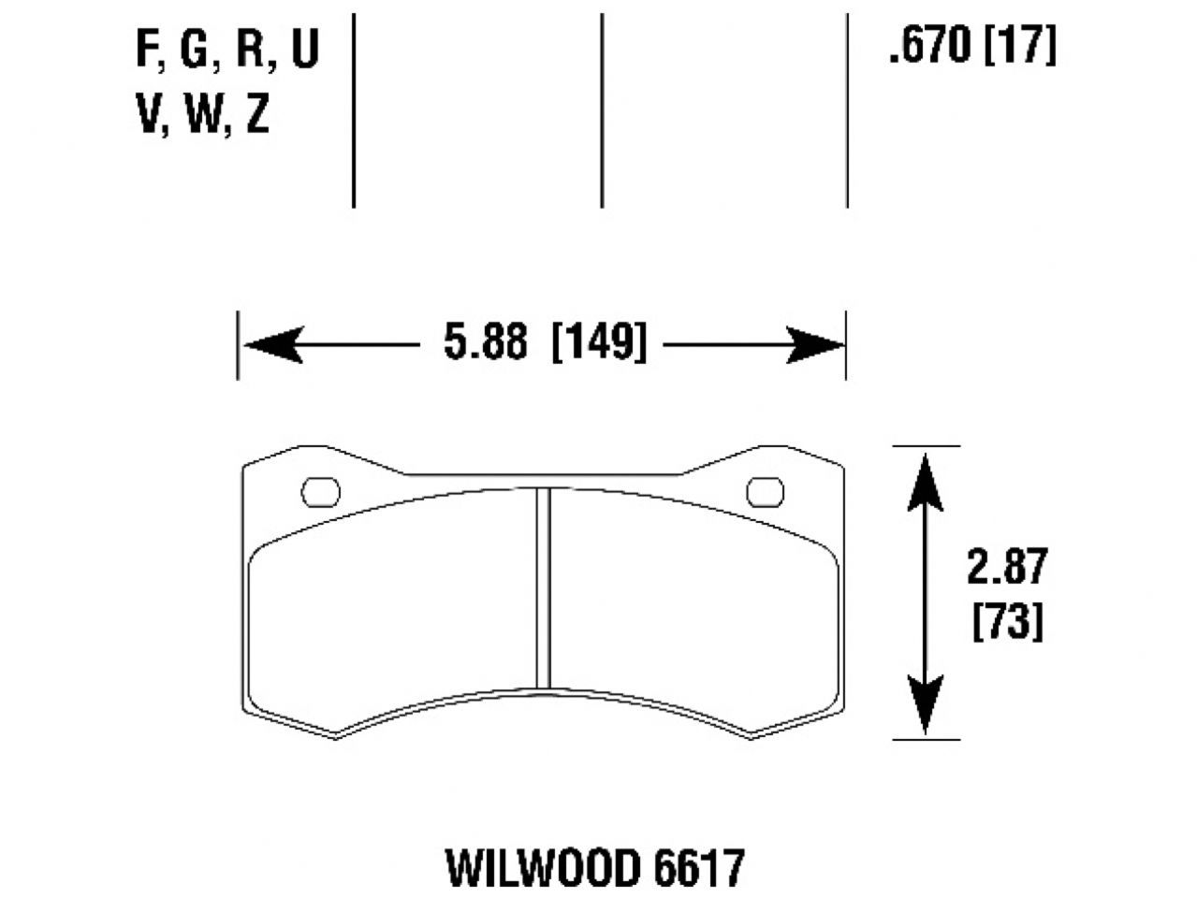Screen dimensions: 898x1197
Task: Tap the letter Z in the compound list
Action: pyautogui.click(x=257, y=116)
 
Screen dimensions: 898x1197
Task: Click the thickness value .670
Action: pyautogui.click(x=930, y=45)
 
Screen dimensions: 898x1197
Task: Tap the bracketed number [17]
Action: pyautogui.click(x=1019, y=45)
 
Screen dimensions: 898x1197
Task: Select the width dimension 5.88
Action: pyautogui.click(x=486, y=343)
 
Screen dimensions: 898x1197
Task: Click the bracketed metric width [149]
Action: pyautogui.click(x=599, y=343)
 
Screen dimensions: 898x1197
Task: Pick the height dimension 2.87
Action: pyautogui.click(x=1007, y=568)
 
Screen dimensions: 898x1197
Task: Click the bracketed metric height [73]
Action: pyautogui.click(x=1007, y=621)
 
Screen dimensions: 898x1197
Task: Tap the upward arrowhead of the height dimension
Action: pyautogui.click(x=926, y=477)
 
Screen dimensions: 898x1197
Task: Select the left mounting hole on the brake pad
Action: pyautogui.click(x=320, y=492)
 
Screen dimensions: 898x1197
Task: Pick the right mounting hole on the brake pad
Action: pyautogui.click(x=765, y=491)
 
